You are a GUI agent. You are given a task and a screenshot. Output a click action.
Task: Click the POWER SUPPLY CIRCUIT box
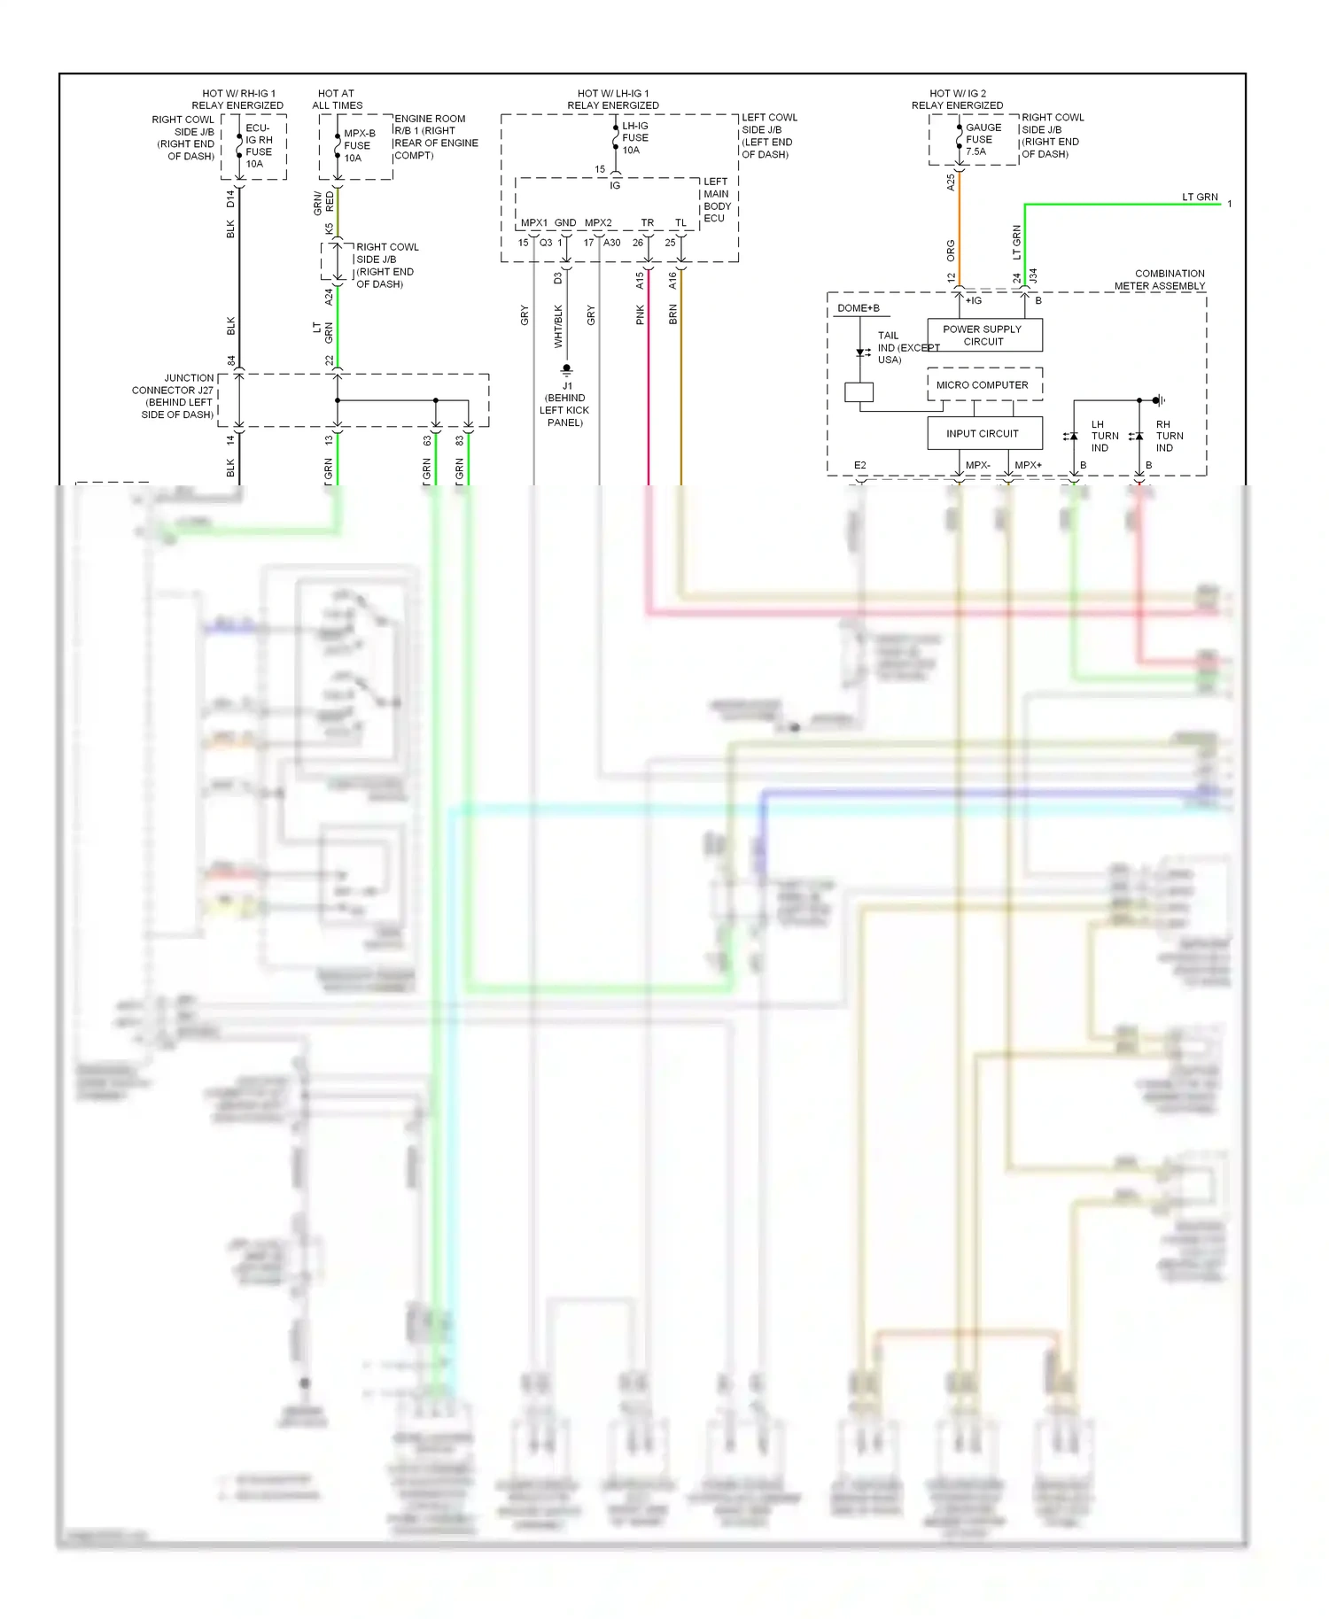tap(983, 335)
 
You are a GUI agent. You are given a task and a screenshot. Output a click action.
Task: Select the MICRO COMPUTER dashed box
tap(983, 385)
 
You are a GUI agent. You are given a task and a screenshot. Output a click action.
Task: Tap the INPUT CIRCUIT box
tap(983, 433)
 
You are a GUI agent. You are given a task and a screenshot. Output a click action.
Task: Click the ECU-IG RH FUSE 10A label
tap(259, 146)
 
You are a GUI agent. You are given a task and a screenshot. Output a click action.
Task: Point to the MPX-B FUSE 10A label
tap(359, 146)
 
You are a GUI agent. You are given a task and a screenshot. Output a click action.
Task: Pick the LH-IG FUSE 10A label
tap(634, 138)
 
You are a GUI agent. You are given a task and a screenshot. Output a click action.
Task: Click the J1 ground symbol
tap(567, 370)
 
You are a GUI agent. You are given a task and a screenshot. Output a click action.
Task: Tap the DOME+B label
tap(859, 308)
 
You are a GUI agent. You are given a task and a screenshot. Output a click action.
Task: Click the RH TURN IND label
tap(1169, 436)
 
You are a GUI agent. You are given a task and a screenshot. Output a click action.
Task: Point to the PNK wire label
tap(640, 315)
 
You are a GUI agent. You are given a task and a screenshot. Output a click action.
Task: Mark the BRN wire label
tap(672, 314)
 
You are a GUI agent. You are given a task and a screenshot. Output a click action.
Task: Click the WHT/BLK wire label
tap(558, 326)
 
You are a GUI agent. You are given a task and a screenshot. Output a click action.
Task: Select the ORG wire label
tap(951, 250)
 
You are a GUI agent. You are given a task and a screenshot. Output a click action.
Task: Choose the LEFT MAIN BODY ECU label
tap(716, 200)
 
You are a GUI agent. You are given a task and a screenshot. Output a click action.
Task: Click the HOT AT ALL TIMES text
tap(337, 99)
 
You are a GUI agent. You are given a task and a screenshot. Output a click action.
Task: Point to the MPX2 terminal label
tap(598, 223)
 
